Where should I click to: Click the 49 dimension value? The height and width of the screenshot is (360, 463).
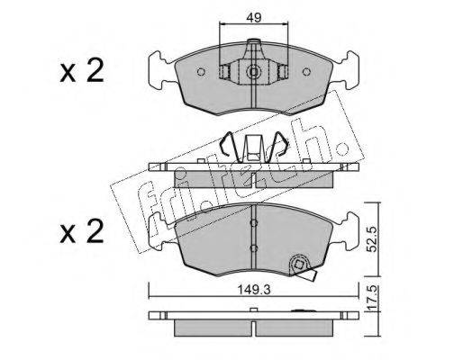pos(254,17)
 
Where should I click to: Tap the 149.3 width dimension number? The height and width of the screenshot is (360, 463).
pos(254,290)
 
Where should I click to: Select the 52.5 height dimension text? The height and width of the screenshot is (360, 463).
pos(372,239)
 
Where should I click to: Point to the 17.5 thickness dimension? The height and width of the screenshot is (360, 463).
pos(372,298)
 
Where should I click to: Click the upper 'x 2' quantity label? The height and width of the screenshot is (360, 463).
pos(82,71)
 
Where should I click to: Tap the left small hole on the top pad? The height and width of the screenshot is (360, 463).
pos(201,72)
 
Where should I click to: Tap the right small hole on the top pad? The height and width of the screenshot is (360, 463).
pos(306,72)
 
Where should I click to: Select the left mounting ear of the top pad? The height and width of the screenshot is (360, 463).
pos(160,70)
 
